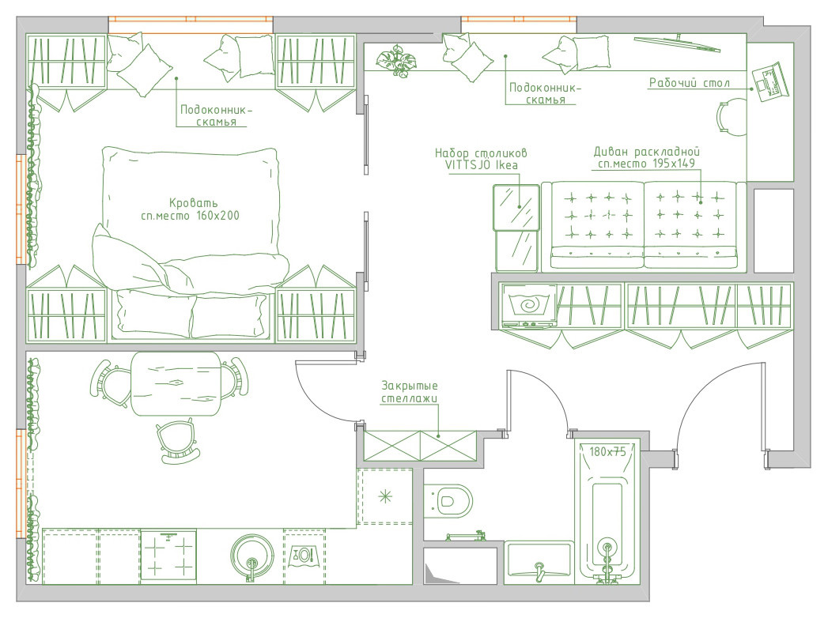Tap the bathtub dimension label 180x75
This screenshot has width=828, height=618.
click(607, 452)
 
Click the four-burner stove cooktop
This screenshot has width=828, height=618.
click(168, 557)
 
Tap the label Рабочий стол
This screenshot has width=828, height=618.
click(689, 83)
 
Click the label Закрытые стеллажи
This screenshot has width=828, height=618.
click(409, 392)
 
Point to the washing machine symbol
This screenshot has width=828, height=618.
click(528, 305)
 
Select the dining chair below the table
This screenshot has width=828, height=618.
click(178, 443)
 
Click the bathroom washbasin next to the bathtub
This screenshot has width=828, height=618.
click(539, 563)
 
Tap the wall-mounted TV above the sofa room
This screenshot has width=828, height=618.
click(678, 43)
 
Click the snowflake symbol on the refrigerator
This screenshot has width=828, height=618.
click(385, 496)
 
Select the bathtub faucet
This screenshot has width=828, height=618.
click(607, 560)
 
